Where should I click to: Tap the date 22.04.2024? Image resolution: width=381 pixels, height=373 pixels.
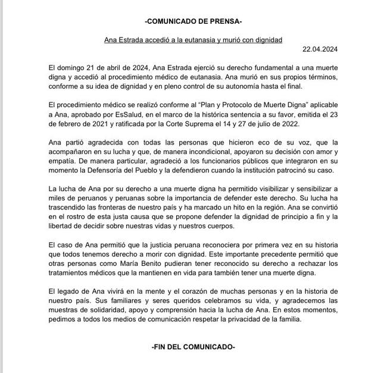point(321,49)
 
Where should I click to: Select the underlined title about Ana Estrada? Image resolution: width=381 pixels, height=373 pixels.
point(190,39)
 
